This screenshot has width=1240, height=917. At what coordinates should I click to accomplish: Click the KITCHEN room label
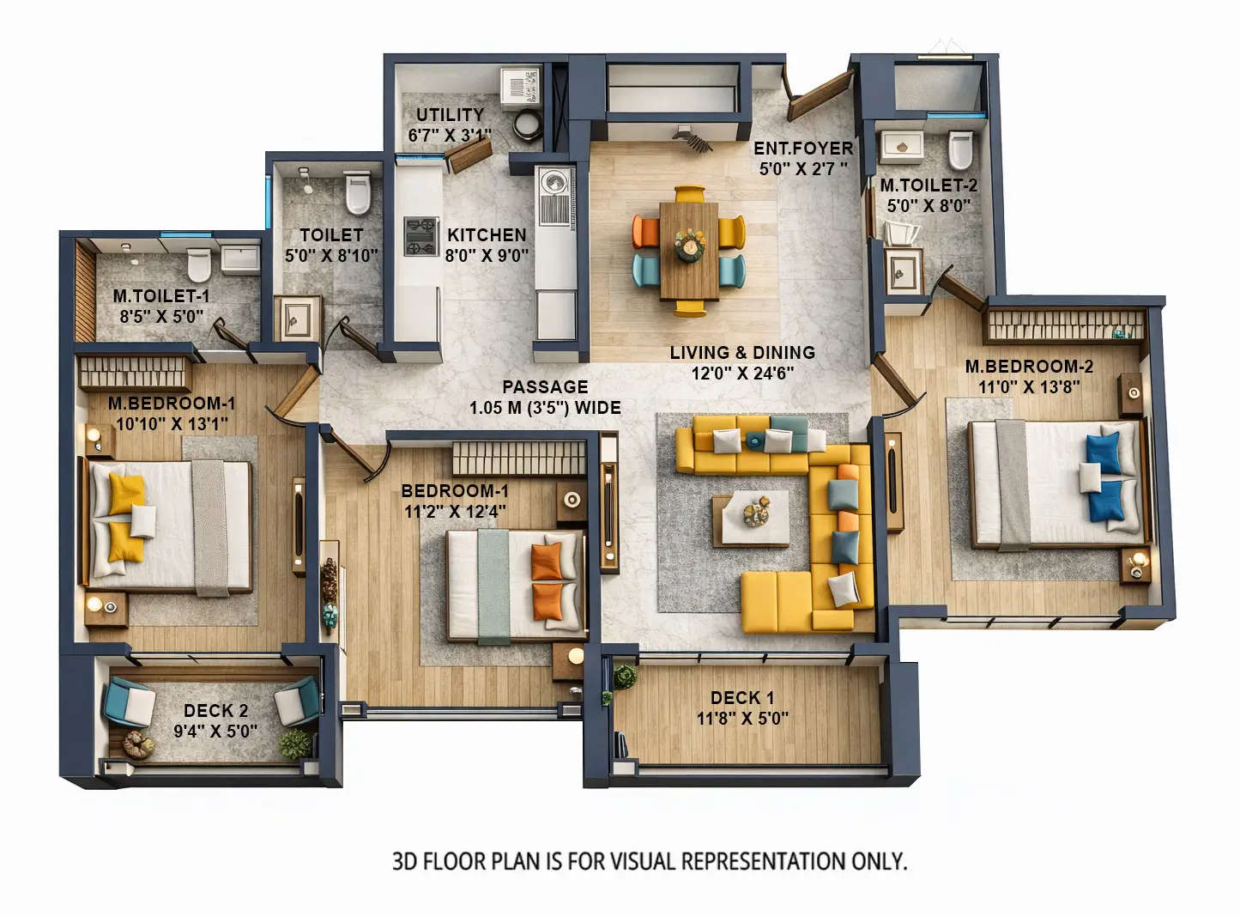click(487, 234)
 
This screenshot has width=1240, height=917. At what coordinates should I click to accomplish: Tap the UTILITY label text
click(450, 114)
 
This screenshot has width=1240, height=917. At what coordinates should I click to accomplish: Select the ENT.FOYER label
click(803, 149)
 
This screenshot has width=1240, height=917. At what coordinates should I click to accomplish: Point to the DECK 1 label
click(741, 698)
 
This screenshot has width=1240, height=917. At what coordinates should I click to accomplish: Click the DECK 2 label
click(215, 711)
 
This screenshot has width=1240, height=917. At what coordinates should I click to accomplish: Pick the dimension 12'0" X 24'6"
click(742, 373)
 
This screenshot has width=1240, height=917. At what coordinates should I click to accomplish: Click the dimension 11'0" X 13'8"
click(1029, 387)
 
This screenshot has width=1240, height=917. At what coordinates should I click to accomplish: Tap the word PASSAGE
click(545, 387)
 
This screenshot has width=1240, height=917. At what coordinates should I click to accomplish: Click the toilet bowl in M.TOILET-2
click(961, 150)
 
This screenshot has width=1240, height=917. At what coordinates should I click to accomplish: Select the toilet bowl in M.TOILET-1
click(199, 264)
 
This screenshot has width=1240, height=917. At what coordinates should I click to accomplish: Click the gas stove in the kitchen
click(421, 236)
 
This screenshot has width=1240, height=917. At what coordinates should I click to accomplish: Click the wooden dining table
click(689, 249)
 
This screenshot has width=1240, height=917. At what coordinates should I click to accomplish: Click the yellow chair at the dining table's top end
click(688, 194)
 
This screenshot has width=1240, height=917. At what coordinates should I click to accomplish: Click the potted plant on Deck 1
click(625, 677)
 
